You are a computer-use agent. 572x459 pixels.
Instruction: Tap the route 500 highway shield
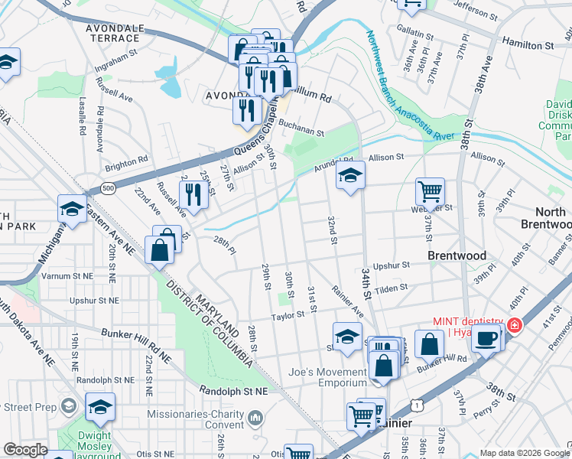109,188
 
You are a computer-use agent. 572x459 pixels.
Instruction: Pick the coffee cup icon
485,337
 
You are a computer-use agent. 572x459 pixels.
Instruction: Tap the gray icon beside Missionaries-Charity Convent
255,418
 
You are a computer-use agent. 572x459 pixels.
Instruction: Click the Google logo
24,450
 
